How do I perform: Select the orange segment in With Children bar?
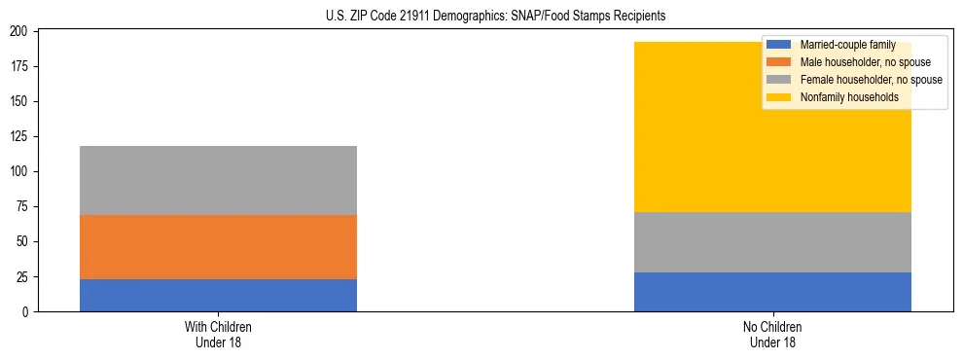218,247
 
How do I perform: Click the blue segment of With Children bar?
218,295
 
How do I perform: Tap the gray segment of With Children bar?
218,180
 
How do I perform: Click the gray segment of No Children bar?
772,242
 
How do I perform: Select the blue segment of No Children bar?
772,292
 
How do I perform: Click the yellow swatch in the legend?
779,97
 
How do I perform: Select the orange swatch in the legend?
779,62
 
